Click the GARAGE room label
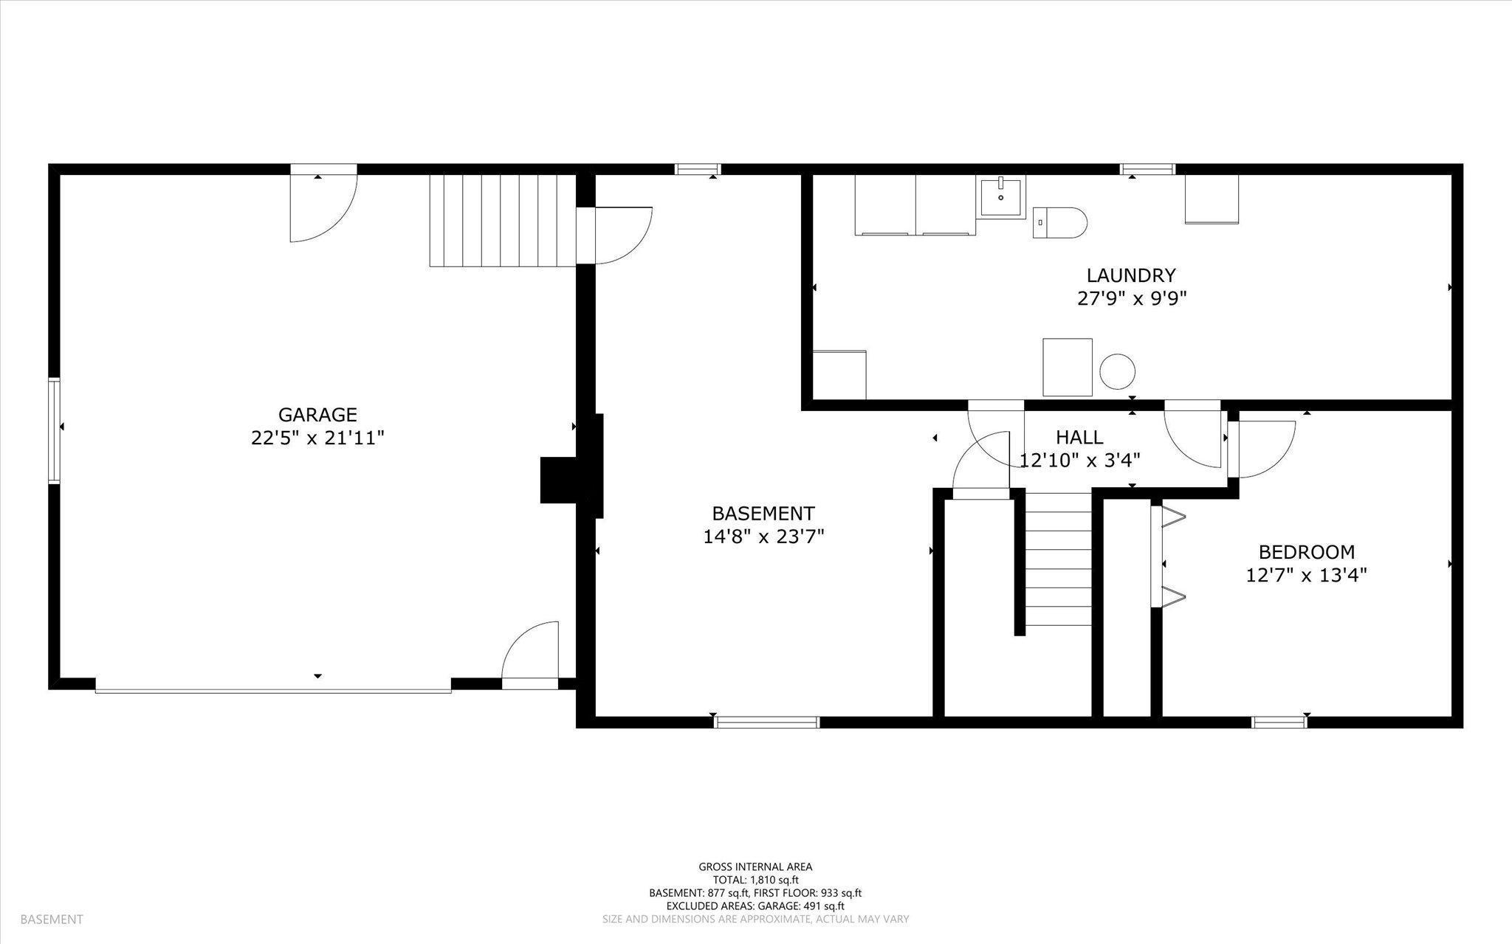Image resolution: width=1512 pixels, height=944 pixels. (x=317, y=415)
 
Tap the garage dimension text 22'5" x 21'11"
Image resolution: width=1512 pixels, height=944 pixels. (x=317, y=438)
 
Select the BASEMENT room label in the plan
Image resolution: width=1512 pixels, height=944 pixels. (x=763, y=514)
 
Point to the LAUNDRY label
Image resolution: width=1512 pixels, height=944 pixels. (x=1131, y=275)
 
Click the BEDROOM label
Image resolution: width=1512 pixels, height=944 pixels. (x=1307, y=552)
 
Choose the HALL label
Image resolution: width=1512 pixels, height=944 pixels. (x=1079, y=437)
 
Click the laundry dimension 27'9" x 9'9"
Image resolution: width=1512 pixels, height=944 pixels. (x=1131, y=299)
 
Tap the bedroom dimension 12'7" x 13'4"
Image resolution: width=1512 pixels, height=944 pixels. (x=1307, y=576)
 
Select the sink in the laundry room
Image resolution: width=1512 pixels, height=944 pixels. (x=1003, y=197)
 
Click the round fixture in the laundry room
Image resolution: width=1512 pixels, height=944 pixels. (x=1117, y=371)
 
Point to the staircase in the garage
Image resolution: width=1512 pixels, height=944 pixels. (x=503, y=220)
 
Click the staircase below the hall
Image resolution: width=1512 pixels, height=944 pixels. (x=1058, y=559)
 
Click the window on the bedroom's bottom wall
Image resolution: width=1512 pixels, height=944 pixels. (x=1279, y=723)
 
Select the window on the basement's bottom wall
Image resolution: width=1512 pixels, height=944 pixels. (x=767, y=723)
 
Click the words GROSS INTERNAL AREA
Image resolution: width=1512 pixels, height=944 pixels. (x=755, y=867)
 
